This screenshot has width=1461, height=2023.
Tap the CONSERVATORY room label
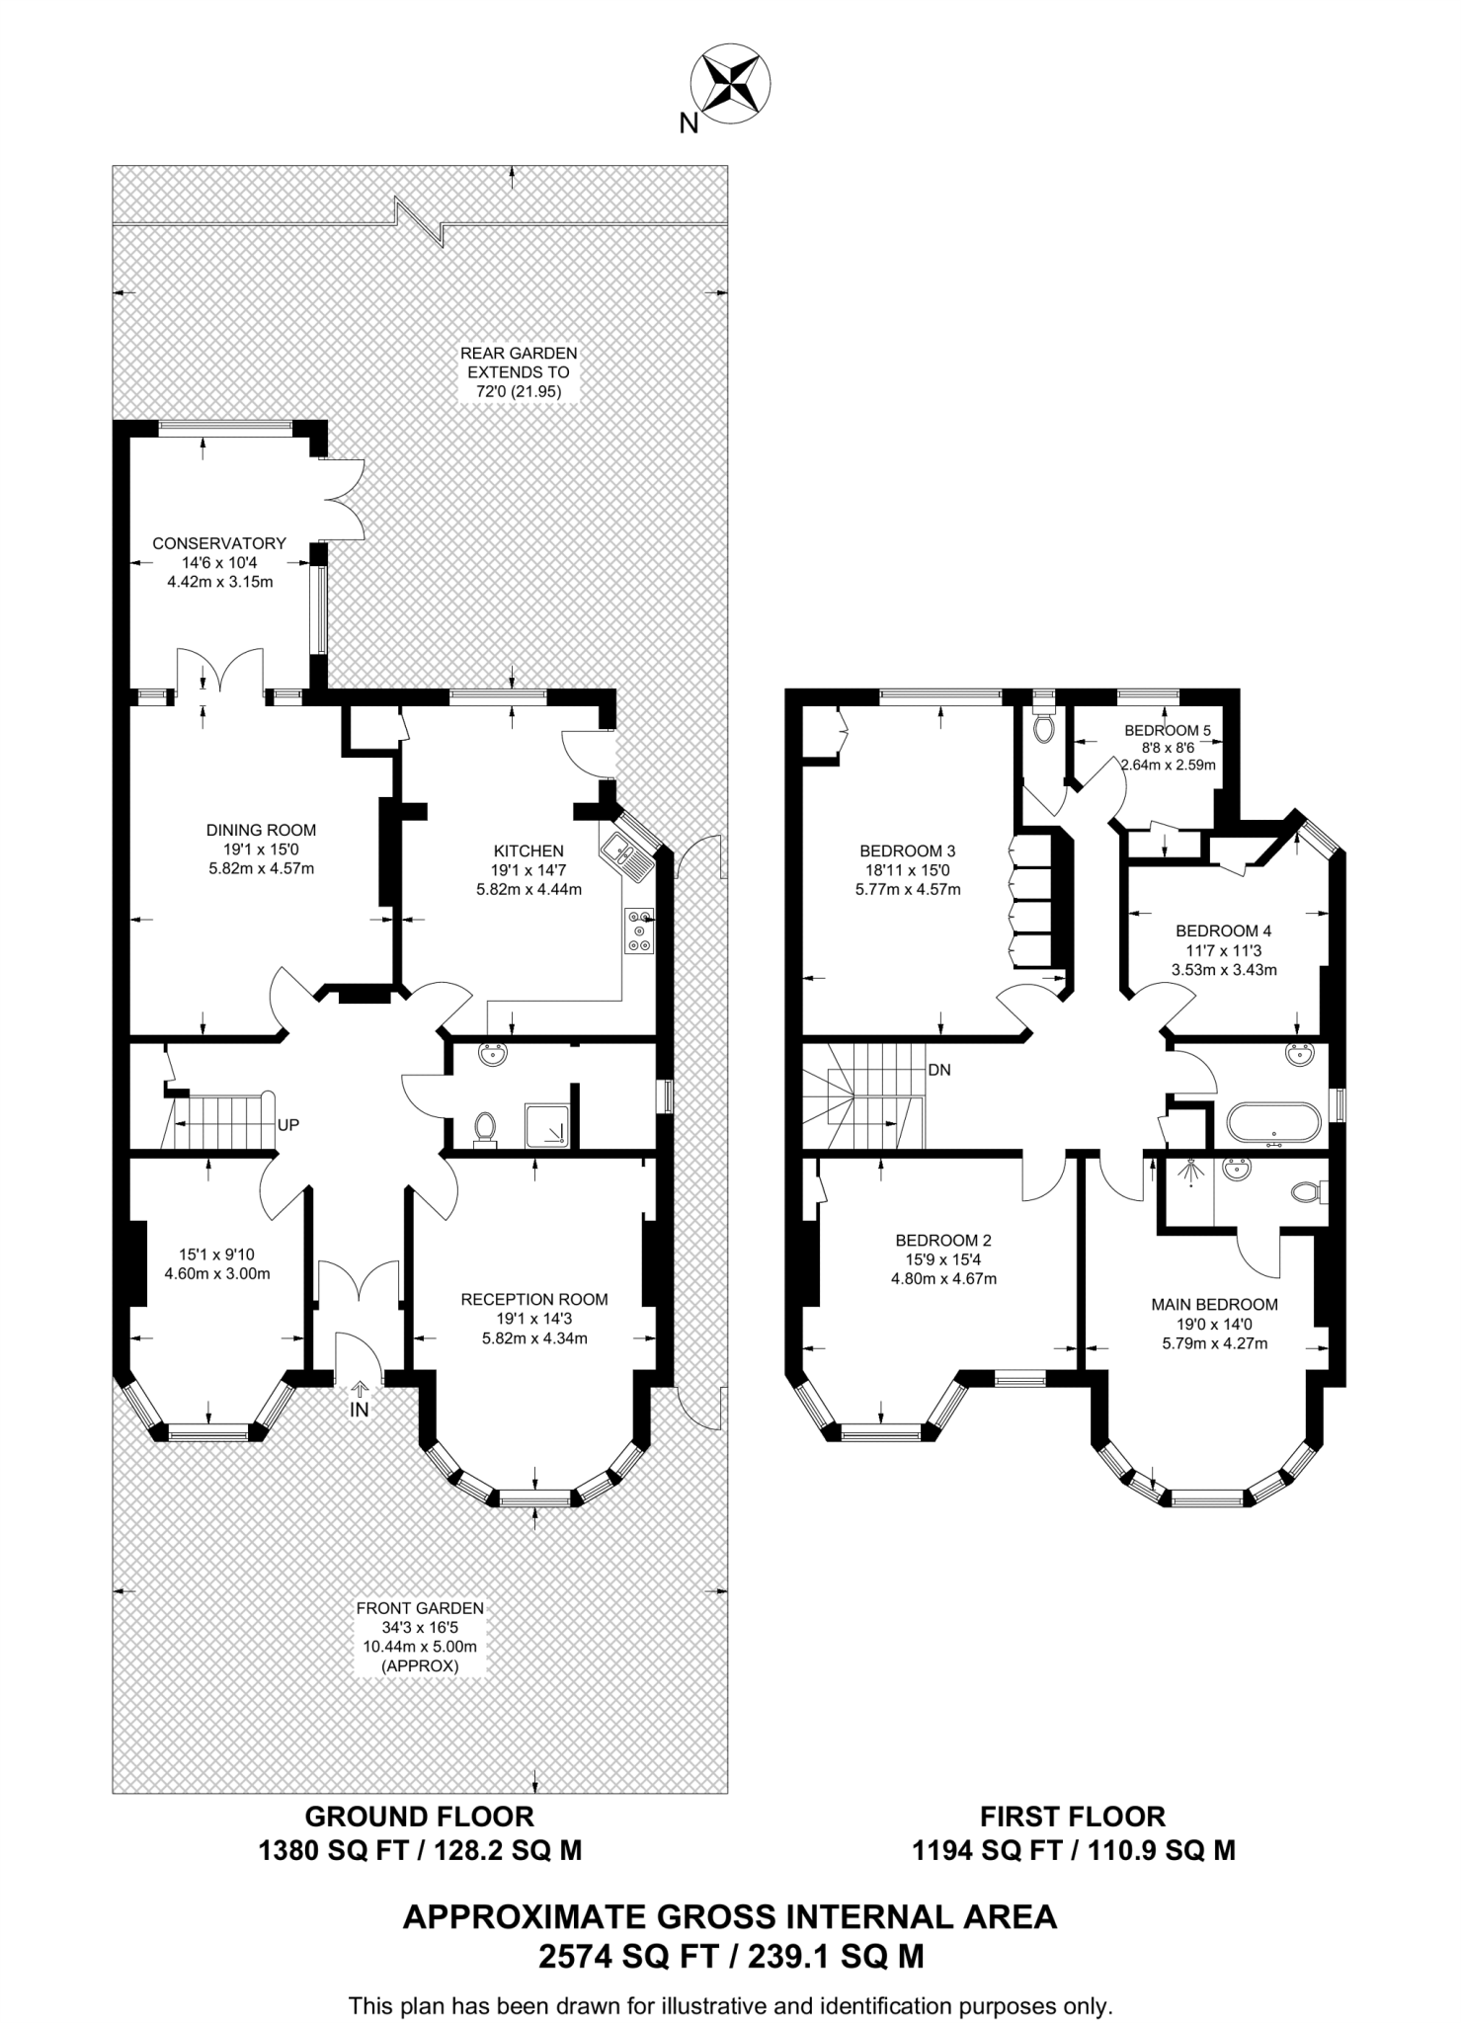(x=219, y=543)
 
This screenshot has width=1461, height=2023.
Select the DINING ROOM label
(x=261, y=830)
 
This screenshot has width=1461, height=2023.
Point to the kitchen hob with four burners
(x=639, y=931)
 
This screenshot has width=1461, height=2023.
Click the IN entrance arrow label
(x=359, y=1410)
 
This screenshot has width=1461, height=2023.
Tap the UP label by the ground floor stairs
(x=288, y=1125)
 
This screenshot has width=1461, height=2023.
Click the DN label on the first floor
(x=939, y=1070)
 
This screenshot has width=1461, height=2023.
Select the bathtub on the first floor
(x=1272, y=1124)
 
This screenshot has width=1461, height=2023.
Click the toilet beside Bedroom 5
(x=1043, y=727)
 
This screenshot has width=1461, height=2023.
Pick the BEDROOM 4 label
(x=1223, y=931)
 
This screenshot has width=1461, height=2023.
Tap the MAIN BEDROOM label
(x=1214, y=1305)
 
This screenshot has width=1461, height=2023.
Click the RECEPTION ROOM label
(x=534, y=1299)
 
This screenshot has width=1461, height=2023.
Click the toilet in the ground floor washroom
(x=485, y=1128)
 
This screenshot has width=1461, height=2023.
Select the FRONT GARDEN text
(x=420, y=1608)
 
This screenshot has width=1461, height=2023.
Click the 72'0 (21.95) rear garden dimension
(x=519, y=392)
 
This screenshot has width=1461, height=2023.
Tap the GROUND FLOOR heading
(x=419, y=1816)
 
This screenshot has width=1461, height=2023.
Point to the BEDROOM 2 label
(x=943, y=1240)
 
